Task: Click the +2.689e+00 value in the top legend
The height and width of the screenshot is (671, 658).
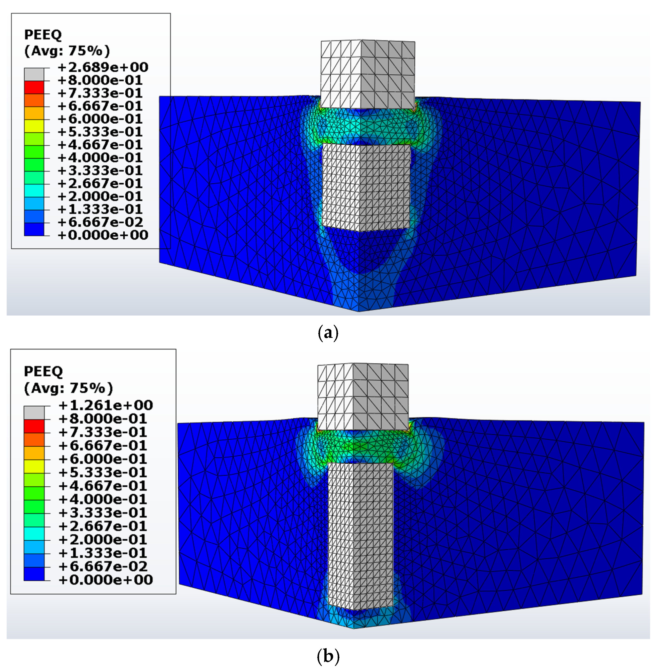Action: tap(103, 67)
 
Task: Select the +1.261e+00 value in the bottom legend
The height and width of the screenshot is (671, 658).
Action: tap(106, 405)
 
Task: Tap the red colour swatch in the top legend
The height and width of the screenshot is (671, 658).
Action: tap(34, 87)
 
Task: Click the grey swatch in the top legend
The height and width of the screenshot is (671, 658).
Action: tap(34, 74)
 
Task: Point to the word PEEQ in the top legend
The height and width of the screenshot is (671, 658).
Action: tap(43, 35)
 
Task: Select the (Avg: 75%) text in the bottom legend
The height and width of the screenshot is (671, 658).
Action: tap(68, 388)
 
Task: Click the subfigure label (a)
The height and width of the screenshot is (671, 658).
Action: tap(328, 332)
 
